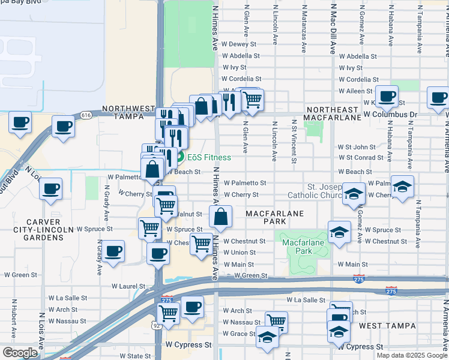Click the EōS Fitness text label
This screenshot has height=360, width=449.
pyautogui.click(x=209, y=158)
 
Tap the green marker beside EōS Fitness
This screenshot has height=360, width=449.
pyautogui.click(x=179, y=158)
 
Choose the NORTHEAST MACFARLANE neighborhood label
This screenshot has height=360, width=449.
pyautogui.click(x=332, y=113)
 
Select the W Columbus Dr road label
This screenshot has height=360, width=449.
pyautogui.click(x=391, y=114)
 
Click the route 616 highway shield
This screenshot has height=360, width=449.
pyautogui.click(x=86, y=115)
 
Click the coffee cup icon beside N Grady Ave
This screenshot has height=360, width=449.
pyautogui.click(x=113, y=251)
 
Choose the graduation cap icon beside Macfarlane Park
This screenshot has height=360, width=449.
pyautogui.click(x=339, y=232)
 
